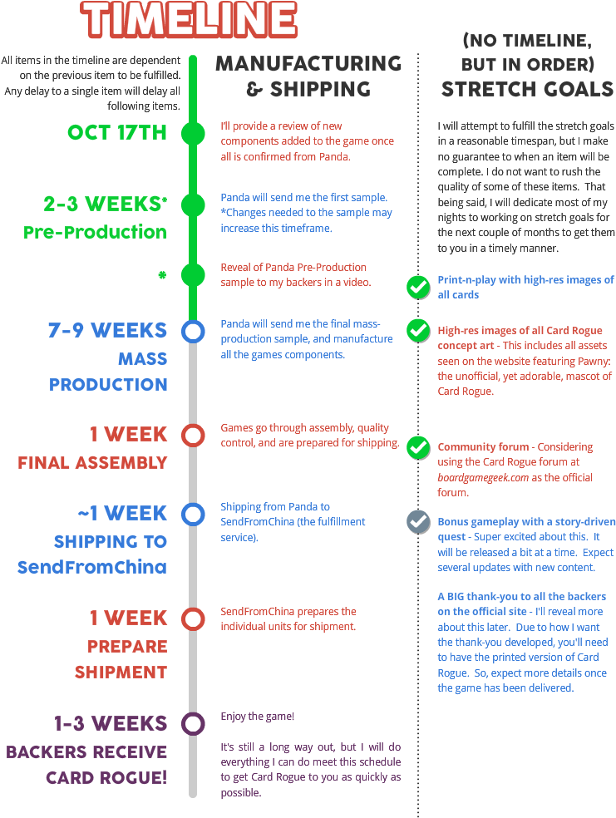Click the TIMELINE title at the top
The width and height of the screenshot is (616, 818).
190,20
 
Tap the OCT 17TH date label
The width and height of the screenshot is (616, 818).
117,133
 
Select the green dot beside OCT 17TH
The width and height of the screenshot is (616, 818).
193,133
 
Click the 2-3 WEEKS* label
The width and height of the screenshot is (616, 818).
106,204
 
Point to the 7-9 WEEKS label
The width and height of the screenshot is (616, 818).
108,330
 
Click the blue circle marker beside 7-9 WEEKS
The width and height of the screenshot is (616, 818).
193,332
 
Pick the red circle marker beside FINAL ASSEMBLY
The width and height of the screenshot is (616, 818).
193,436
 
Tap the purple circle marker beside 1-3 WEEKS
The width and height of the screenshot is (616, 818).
193,723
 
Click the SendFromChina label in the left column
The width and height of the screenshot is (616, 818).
92,568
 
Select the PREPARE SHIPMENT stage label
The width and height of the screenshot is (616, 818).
121,658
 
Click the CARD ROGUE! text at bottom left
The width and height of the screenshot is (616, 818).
106,778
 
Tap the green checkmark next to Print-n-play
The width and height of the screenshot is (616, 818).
417,287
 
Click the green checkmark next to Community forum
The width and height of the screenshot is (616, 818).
417,447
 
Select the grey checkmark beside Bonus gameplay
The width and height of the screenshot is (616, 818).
417,521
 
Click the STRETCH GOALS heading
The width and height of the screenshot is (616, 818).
527,89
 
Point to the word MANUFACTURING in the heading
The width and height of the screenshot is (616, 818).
308,63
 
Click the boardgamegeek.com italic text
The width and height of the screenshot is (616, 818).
483,478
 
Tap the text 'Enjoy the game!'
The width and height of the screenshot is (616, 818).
257,716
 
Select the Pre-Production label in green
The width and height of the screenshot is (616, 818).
95,232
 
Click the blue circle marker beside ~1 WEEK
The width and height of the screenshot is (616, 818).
193,515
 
